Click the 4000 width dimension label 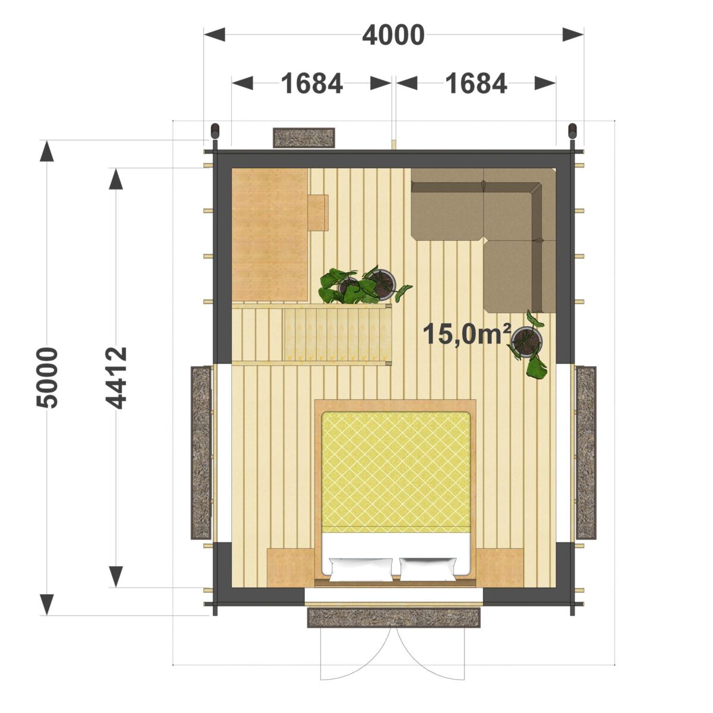[x=393, y=36]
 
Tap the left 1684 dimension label [x=312, y=83]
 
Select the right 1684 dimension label [x=476, y=83]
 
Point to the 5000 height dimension [x=48, y=377]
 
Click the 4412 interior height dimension [x=116, y=378]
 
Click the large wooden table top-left [x=269, y=234]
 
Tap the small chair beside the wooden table [x=318, y=212]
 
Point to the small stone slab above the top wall [x=304, y=138]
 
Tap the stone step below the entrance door [x=394, y=617]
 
